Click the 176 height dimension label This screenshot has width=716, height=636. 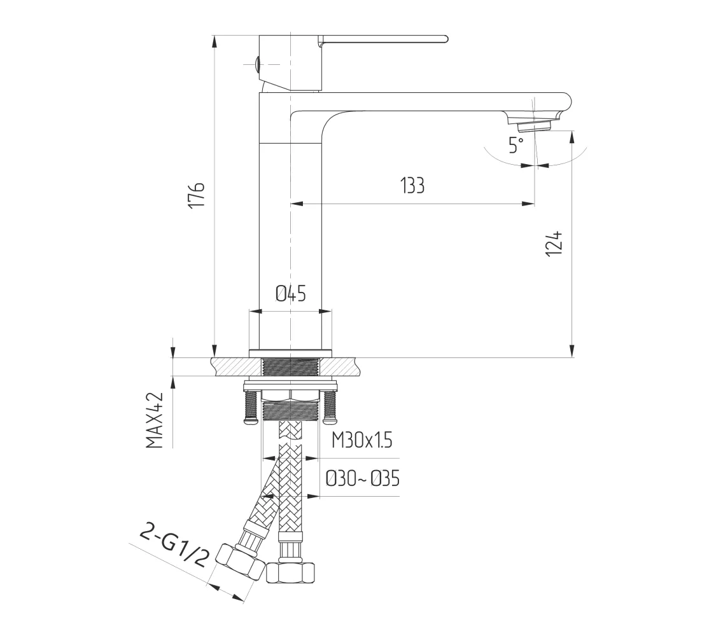click(197, 195)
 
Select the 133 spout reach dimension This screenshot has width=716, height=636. click(412, 186)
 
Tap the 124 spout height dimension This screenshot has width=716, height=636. click(554, 244)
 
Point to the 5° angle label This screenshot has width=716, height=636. click(516, 145)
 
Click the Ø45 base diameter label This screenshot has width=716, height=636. click(290, 293)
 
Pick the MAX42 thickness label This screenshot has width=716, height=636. click(155, 420)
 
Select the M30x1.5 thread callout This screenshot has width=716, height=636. click(362, 441)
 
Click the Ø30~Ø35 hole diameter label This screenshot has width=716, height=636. click(363, 479)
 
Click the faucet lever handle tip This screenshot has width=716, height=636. click(446, 39)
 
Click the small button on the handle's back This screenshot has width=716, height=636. click(257, 64)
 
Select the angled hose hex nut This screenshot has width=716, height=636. click(240, 562)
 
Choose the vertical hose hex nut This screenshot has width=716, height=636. click(290, 571)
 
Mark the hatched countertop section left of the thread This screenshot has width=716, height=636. click(236, 367)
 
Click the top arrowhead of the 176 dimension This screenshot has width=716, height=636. click(214, 41)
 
